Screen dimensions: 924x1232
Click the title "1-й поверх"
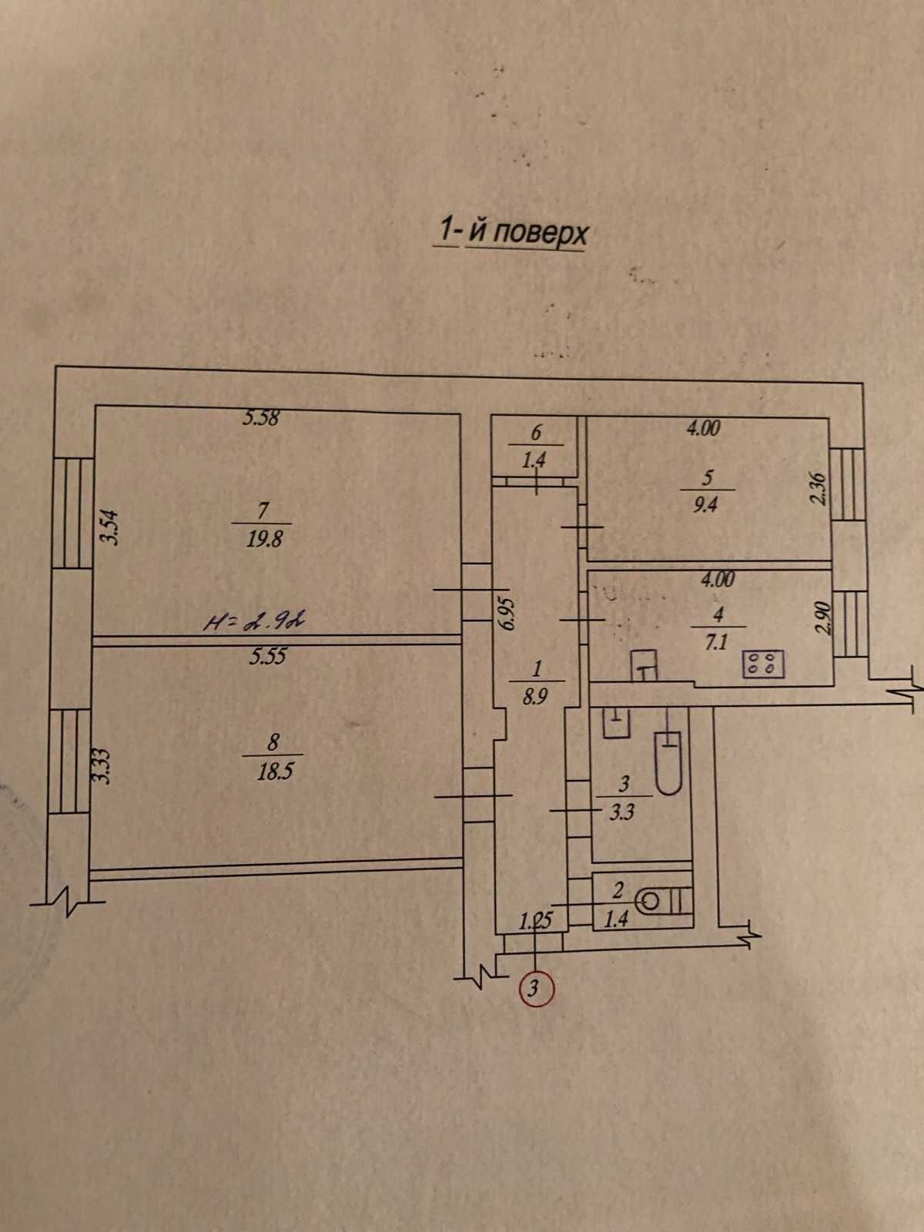click(x=511, y=231)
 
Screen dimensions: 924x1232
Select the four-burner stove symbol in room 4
click(x=764, y=665)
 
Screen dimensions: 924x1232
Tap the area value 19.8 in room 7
click(x=264, y=540)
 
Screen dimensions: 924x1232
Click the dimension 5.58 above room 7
click(x=261, y=417)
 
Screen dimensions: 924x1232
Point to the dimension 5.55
click(x=267, y=656)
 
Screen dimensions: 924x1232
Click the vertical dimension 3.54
click(x=109, y=527)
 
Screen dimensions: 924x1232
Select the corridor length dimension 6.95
click(x=508, y=613)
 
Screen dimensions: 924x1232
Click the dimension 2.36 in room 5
click(x=819, y=490)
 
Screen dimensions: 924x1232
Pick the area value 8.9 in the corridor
click(x=534, y=698)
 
